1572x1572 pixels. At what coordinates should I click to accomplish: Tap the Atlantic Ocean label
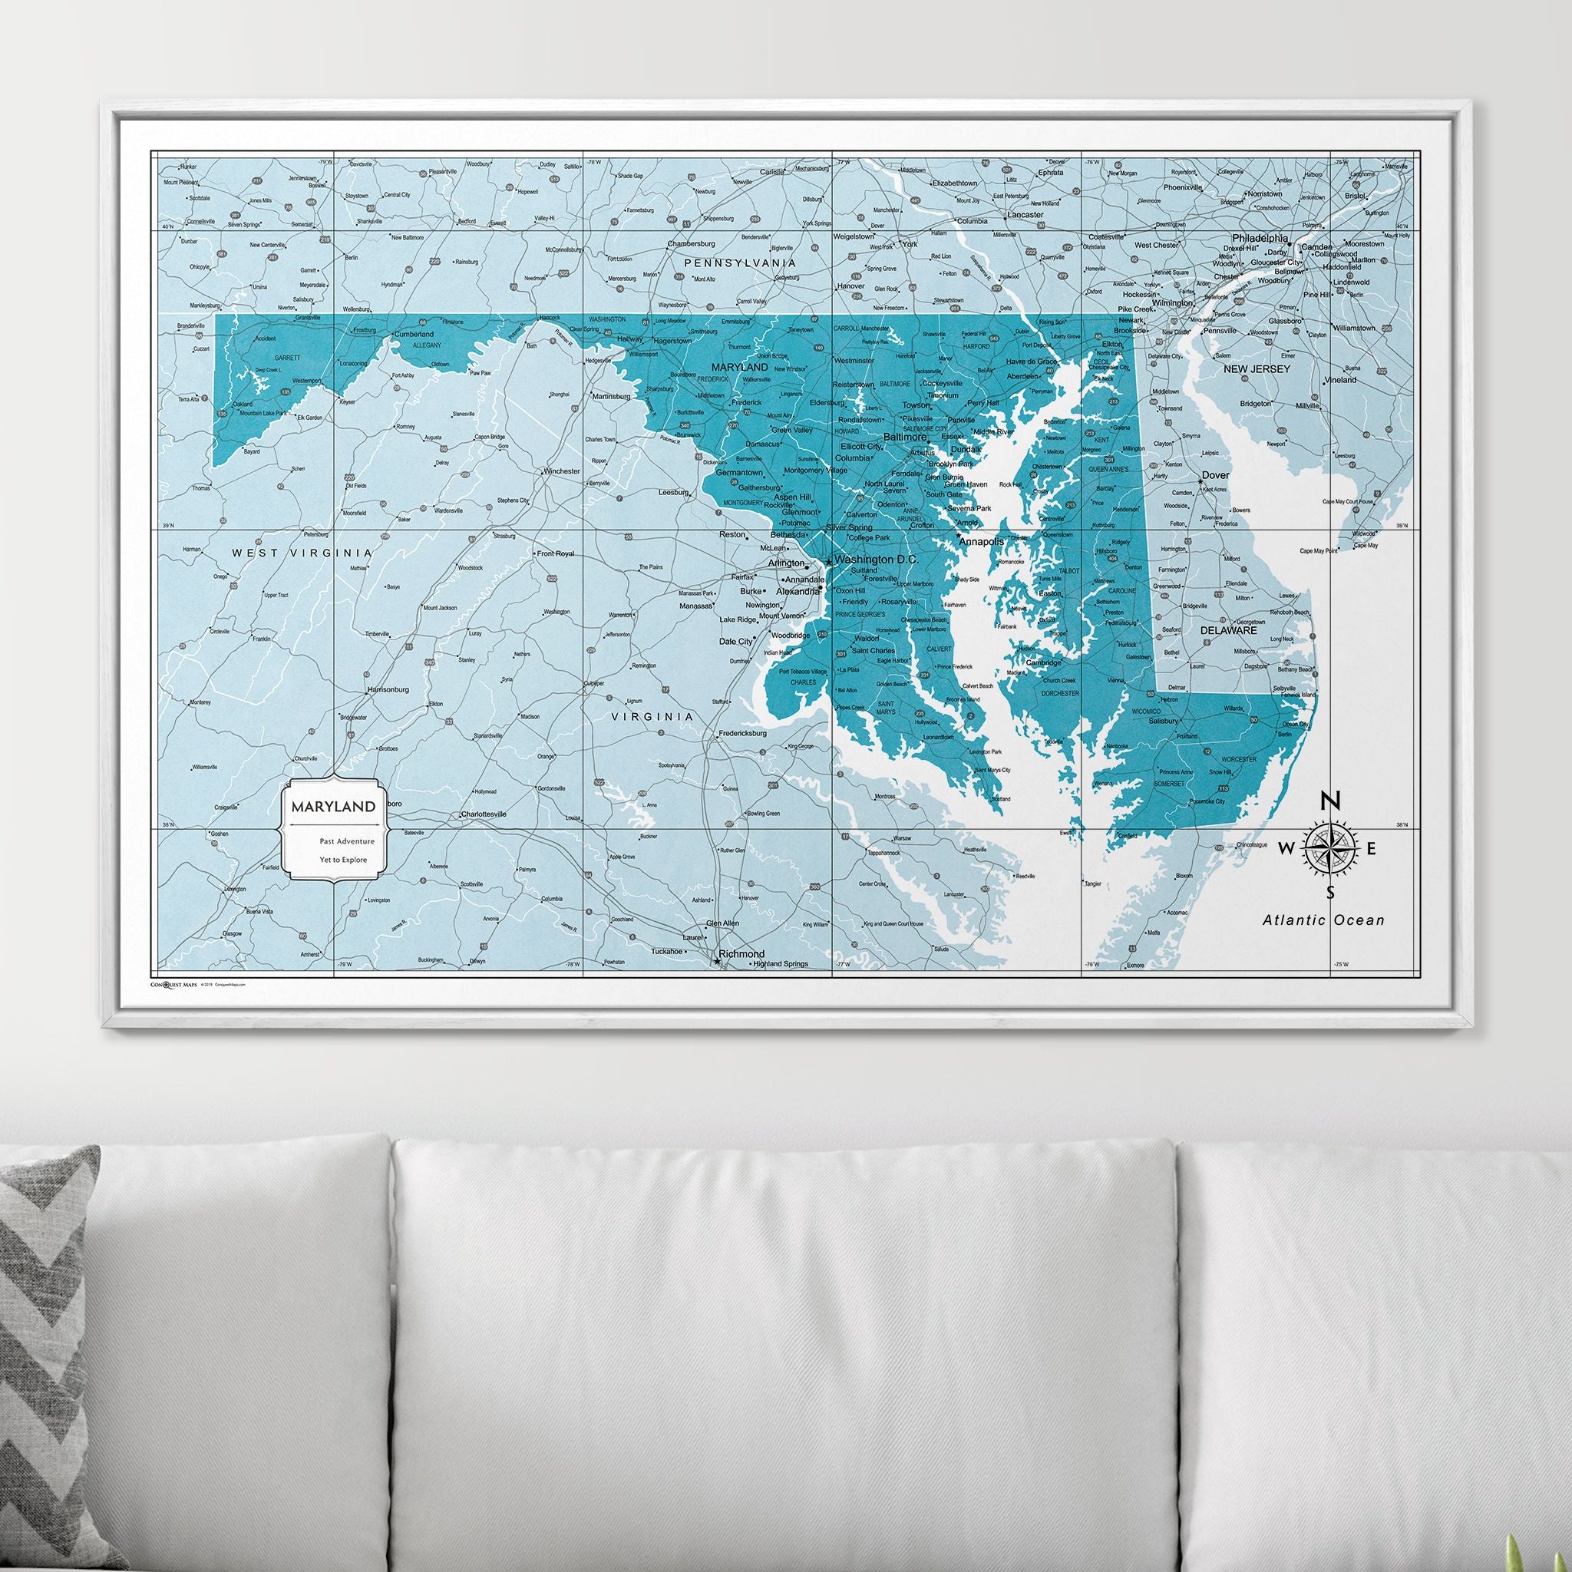(1323, 920)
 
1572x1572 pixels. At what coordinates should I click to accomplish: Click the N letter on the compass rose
(1329, 801)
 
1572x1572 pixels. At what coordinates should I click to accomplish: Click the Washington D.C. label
(876, 560)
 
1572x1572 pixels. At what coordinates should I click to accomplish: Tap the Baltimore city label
(905, 436)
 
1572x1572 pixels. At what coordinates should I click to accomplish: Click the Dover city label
(1216, 475)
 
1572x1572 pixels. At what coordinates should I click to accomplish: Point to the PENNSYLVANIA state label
(739, 263)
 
